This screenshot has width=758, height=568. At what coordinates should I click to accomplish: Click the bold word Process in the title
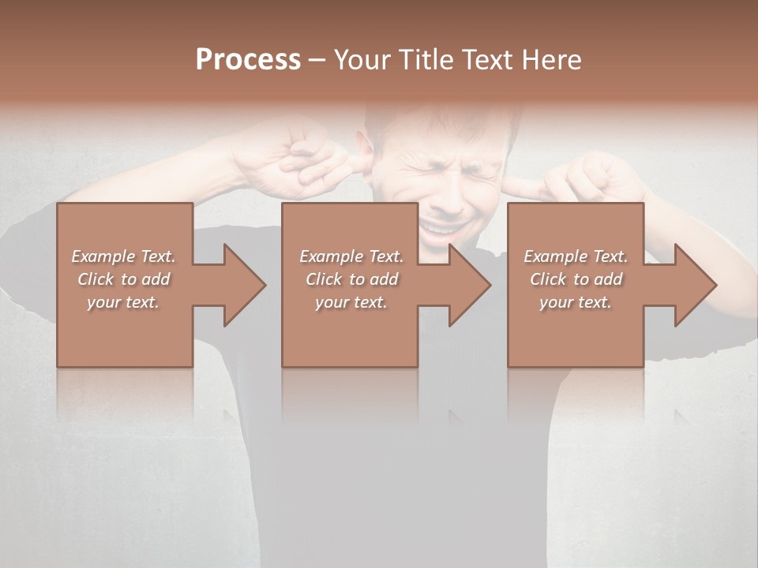(x=248, y=60)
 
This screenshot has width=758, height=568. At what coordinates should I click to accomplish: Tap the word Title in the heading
(x=426, y=60)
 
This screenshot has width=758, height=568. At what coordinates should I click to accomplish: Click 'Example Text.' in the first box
(x=124, y=256)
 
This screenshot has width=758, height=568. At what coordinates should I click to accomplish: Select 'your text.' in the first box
(x=124, y=302)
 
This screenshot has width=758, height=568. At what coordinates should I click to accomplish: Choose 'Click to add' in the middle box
(x=351, y=279)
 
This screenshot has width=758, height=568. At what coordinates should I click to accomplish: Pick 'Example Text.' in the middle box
(x=351, y=256)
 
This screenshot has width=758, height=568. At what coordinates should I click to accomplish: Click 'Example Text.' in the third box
(x=576, y=256)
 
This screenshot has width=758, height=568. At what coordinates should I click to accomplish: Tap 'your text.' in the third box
(x=576, y=302)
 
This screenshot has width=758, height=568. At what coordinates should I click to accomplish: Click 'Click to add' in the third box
(x=576, y=279)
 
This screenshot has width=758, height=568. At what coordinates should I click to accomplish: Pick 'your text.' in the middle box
(x=351, y=302)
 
